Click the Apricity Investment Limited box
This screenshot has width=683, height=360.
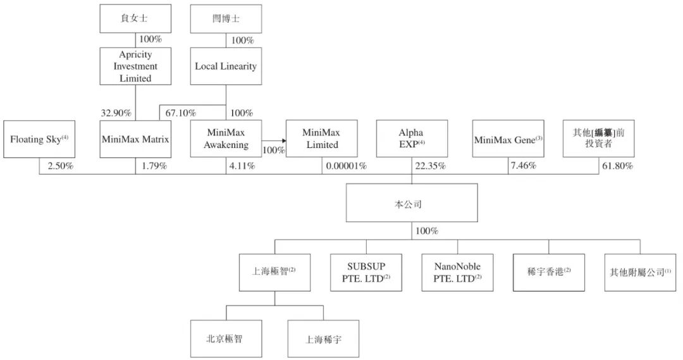pos(135,66)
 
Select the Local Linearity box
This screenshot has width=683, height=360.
pos(226,66)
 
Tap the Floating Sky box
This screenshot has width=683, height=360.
pos(39,139)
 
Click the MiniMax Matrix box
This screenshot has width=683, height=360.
pos(135,139)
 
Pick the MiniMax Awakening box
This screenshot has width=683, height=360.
pos(226,139)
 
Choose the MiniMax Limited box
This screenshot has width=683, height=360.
pos(321,139)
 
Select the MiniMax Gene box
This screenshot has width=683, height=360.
pos(508,139)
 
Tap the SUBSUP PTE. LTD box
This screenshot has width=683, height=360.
pos(366,272)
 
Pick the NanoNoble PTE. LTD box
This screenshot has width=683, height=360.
pos(457,272)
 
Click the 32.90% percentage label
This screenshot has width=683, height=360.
pos(116,113)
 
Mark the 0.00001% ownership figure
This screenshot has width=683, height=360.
pos(346,166)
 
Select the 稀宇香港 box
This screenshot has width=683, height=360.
pos(548,272)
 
